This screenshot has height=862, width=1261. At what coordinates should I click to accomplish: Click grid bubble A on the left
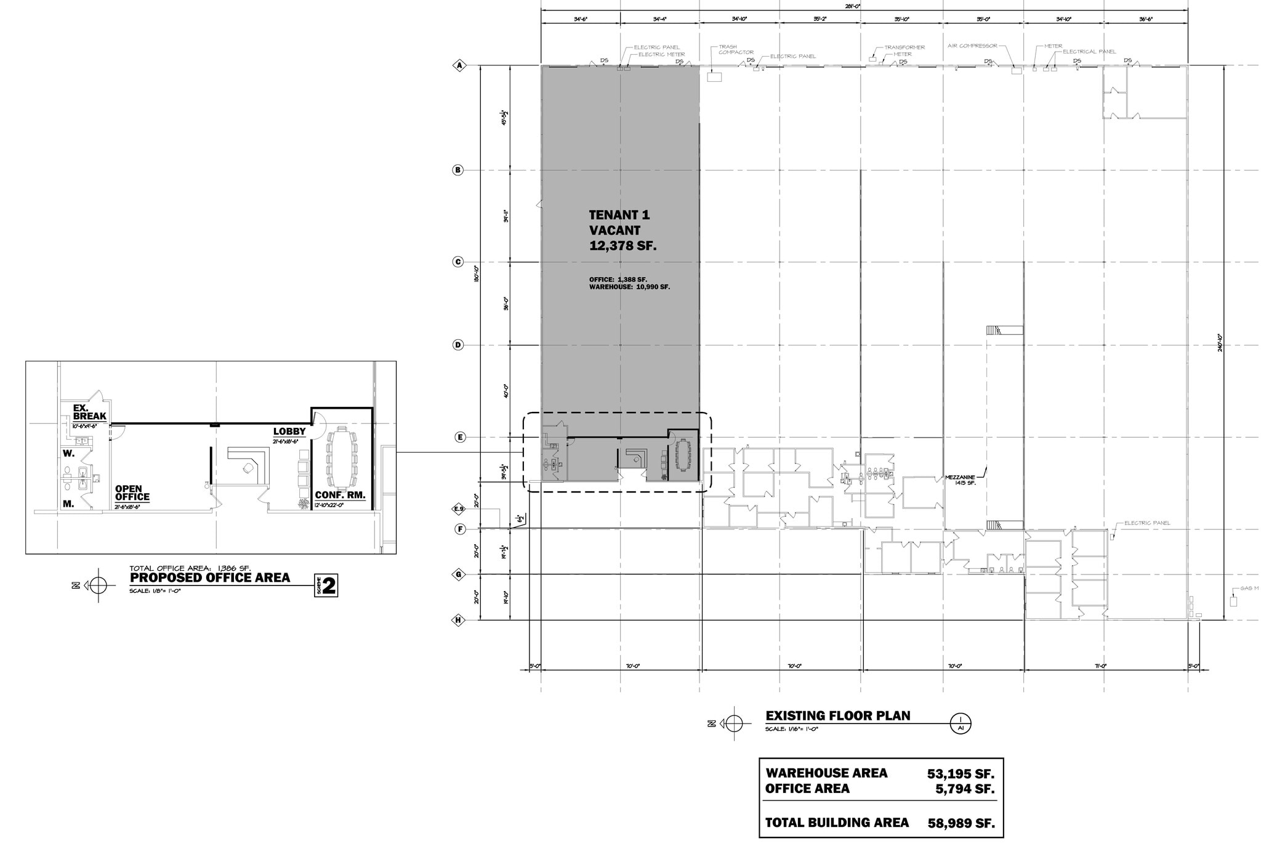pos(458,65)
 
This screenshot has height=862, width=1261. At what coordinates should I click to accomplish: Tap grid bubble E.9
pos(458,509)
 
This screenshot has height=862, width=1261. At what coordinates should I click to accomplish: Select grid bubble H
pos(458,620)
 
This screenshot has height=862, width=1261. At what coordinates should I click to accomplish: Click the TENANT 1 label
pos(619,215)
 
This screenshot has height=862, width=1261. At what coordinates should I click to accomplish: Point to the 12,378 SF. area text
pos(622,246)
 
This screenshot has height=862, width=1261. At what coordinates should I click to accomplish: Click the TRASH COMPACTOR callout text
pos(736,49)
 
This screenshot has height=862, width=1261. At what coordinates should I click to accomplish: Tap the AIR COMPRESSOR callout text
pos(972,46)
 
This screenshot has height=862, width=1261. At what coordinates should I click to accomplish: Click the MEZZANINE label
pos(961,477)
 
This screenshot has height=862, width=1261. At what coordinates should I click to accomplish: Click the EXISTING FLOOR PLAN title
pos(837,715)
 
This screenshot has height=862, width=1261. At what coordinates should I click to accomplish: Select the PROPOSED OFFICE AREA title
pos(209,578)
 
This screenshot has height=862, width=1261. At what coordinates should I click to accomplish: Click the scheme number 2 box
pos(329,586)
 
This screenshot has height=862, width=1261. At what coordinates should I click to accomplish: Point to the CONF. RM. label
pos(340,495)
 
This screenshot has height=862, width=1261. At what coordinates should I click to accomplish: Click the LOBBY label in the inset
pos(289,432)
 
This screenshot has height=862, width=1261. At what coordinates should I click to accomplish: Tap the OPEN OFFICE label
pos(132,493)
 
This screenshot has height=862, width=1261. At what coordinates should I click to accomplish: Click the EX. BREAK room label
pos(89,412)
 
